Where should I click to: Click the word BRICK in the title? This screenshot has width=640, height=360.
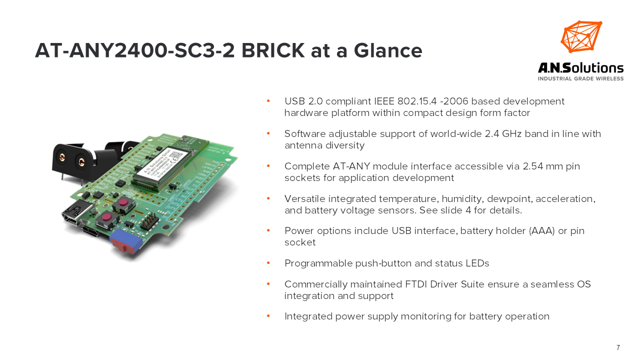[x=273, y=50]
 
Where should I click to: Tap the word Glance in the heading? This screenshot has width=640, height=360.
[x=388, y=50]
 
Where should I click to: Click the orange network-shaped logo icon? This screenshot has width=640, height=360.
[x=581, y=37]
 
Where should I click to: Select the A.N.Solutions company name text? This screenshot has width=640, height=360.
[x=580, y=68]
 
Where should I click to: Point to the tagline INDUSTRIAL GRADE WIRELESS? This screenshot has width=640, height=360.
[x=580, y=78]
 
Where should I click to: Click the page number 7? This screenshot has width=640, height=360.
[x=618, y=347]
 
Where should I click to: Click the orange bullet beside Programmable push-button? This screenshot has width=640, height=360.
[x=268, y=263]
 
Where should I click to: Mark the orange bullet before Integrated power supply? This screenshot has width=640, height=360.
[x=268, y=316]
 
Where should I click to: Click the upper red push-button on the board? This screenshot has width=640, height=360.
[x=123, y=203]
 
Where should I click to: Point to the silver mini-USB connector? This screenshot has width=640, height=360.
[x=76, y=212]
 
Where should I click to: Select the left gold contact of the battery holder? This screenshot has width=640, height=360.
[x=62, y=157]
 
